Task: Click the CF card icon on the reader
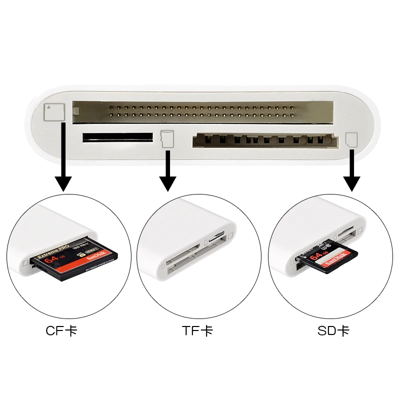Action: [54, 112]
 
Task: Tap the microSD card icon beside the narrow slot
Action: [166, 138]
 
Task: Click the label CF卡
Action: [61, 331]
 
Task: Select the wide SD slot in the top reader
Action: [262, 140]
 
